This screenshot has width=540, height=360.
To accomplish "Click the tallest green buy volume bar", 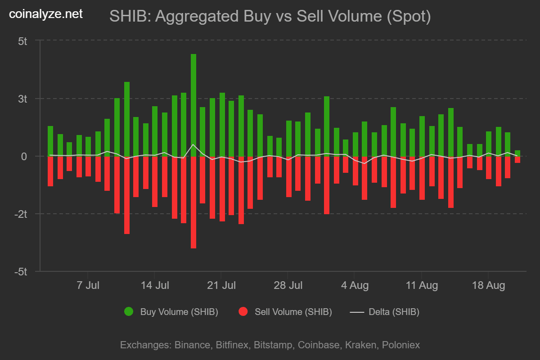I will click(193, 105).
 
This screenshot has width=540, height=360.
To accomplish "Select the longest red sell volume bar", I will click(193, 202).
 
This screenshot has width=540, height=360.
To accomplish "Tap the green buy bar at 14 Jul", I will click(155, 131).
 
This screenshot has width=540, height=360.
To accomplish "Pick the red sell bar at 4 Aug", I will click(355, 171).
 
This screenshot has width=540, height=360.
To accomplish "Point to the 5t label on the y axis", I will click(22, 41).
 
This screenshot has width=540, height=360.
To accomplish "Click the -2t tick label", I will click(21, 214).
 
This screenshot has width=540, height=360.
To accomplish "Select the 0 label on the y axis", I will click(25, 157).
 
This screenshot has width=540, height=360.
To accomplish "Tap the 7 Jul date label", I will click(88, 285).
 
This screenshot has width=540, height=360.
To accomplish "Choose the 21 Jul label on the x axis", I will click(221, 285).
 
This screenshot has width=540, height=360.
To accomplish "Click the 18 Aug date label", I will click(488, 285).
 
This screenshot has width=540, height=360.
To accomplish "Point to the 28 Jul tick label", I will click(288, 285).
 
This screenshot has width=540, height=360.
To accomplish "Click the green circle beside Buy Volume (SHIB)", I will click(129, 312).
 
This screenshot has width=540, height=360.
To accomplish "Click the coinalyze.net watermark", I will click(46, 14).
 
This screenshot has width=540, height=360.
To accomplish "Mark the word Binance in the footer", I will click(191, 345).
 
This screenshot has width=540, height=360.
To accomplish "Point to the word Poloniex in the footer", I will click(401, 345).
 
